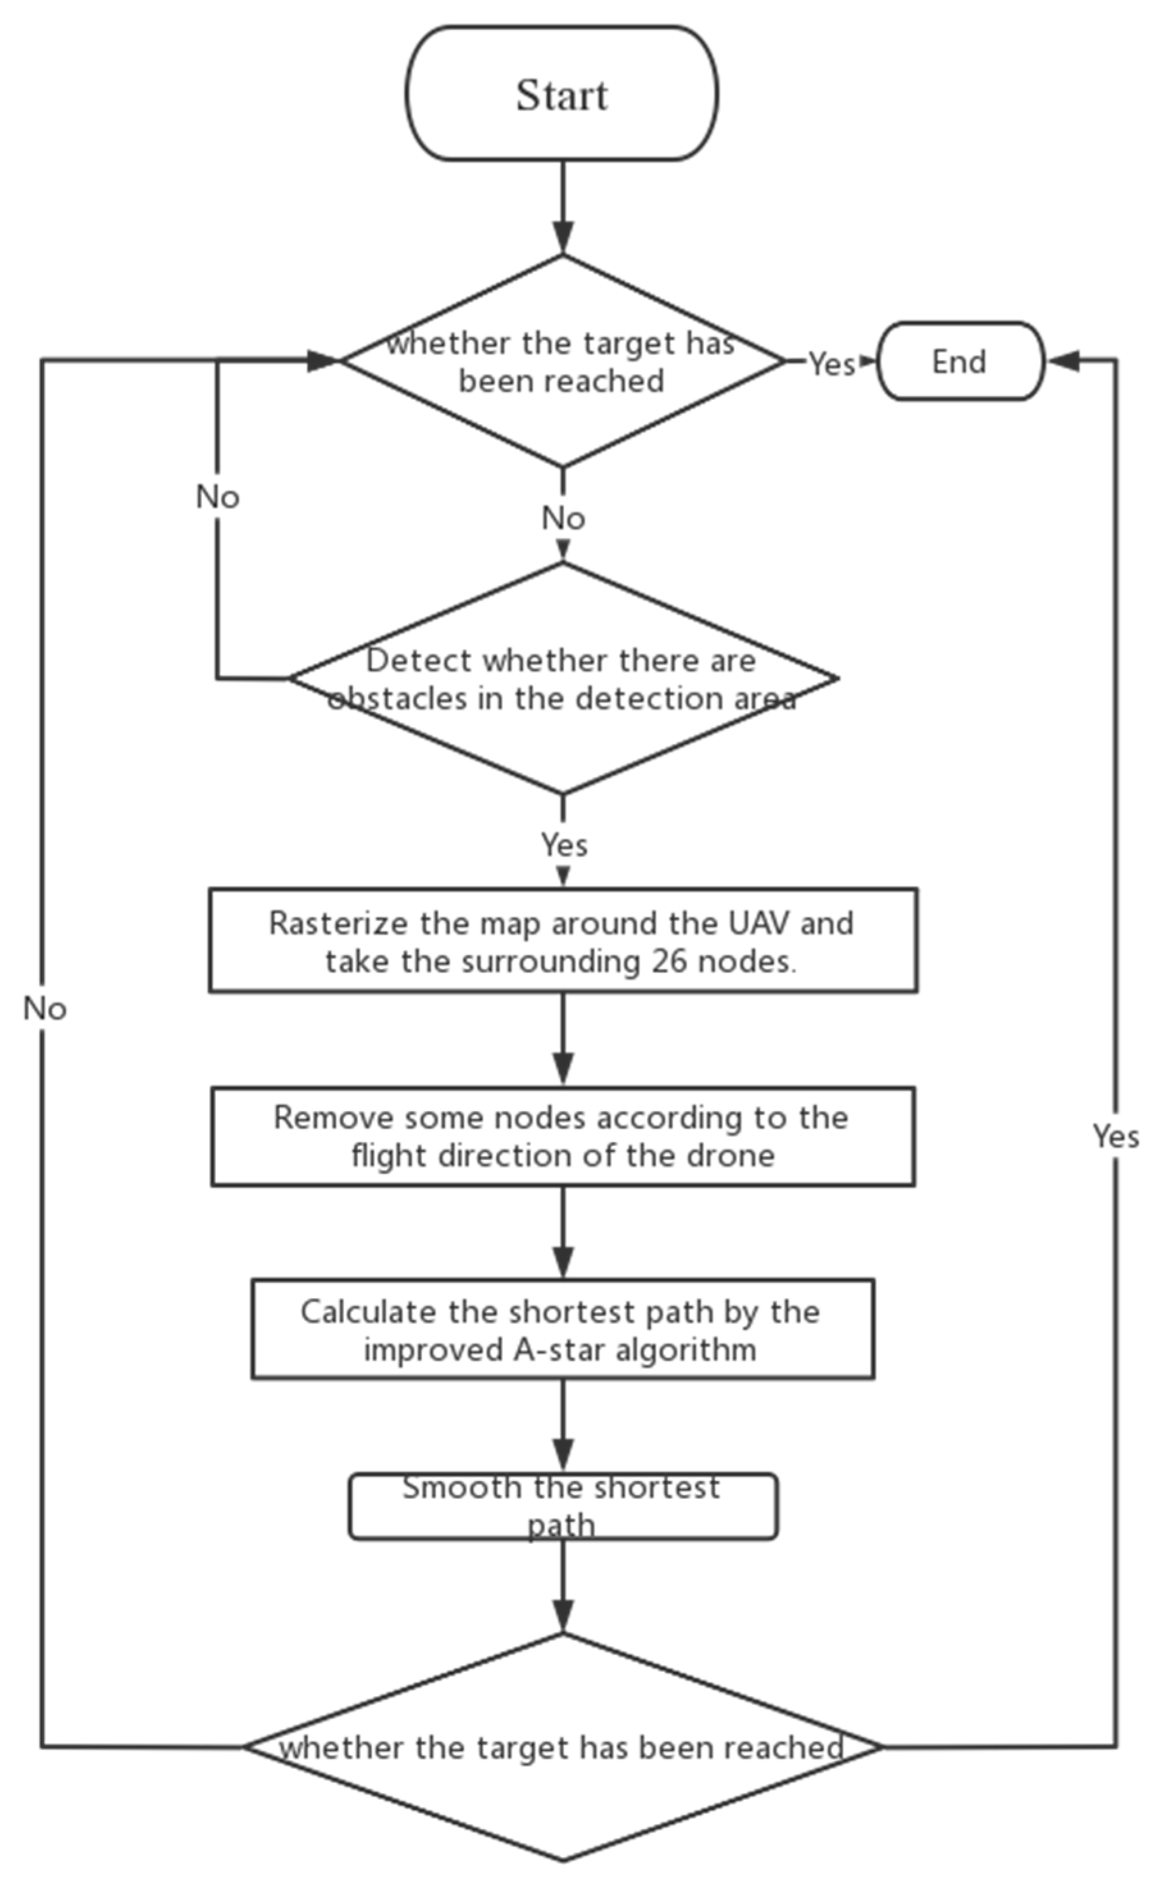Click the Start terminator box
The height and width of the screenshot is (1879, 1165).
point(562,93)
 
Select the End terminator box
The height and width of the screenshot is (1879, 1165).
point(960,361)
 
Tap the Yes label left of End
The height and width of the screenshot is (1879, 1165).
point(832,363)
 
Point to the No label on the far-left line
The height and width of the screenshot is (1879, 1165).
point(45,1009)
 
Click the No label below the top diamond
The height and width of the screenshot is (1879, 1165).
point(563,518)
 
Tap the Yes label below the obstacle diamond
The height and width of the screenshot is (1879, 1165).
point(564,844)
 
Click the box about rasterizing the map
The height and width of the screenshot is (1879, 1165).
point(563,940)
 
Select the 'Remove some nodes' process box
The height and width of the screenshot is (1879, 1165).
point(563,1137)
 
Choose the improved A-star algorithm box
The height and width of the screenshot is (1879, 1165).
point(563,1330)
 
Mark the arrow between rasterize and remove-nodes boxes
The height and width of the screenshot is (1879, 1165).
point(563,1040)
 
